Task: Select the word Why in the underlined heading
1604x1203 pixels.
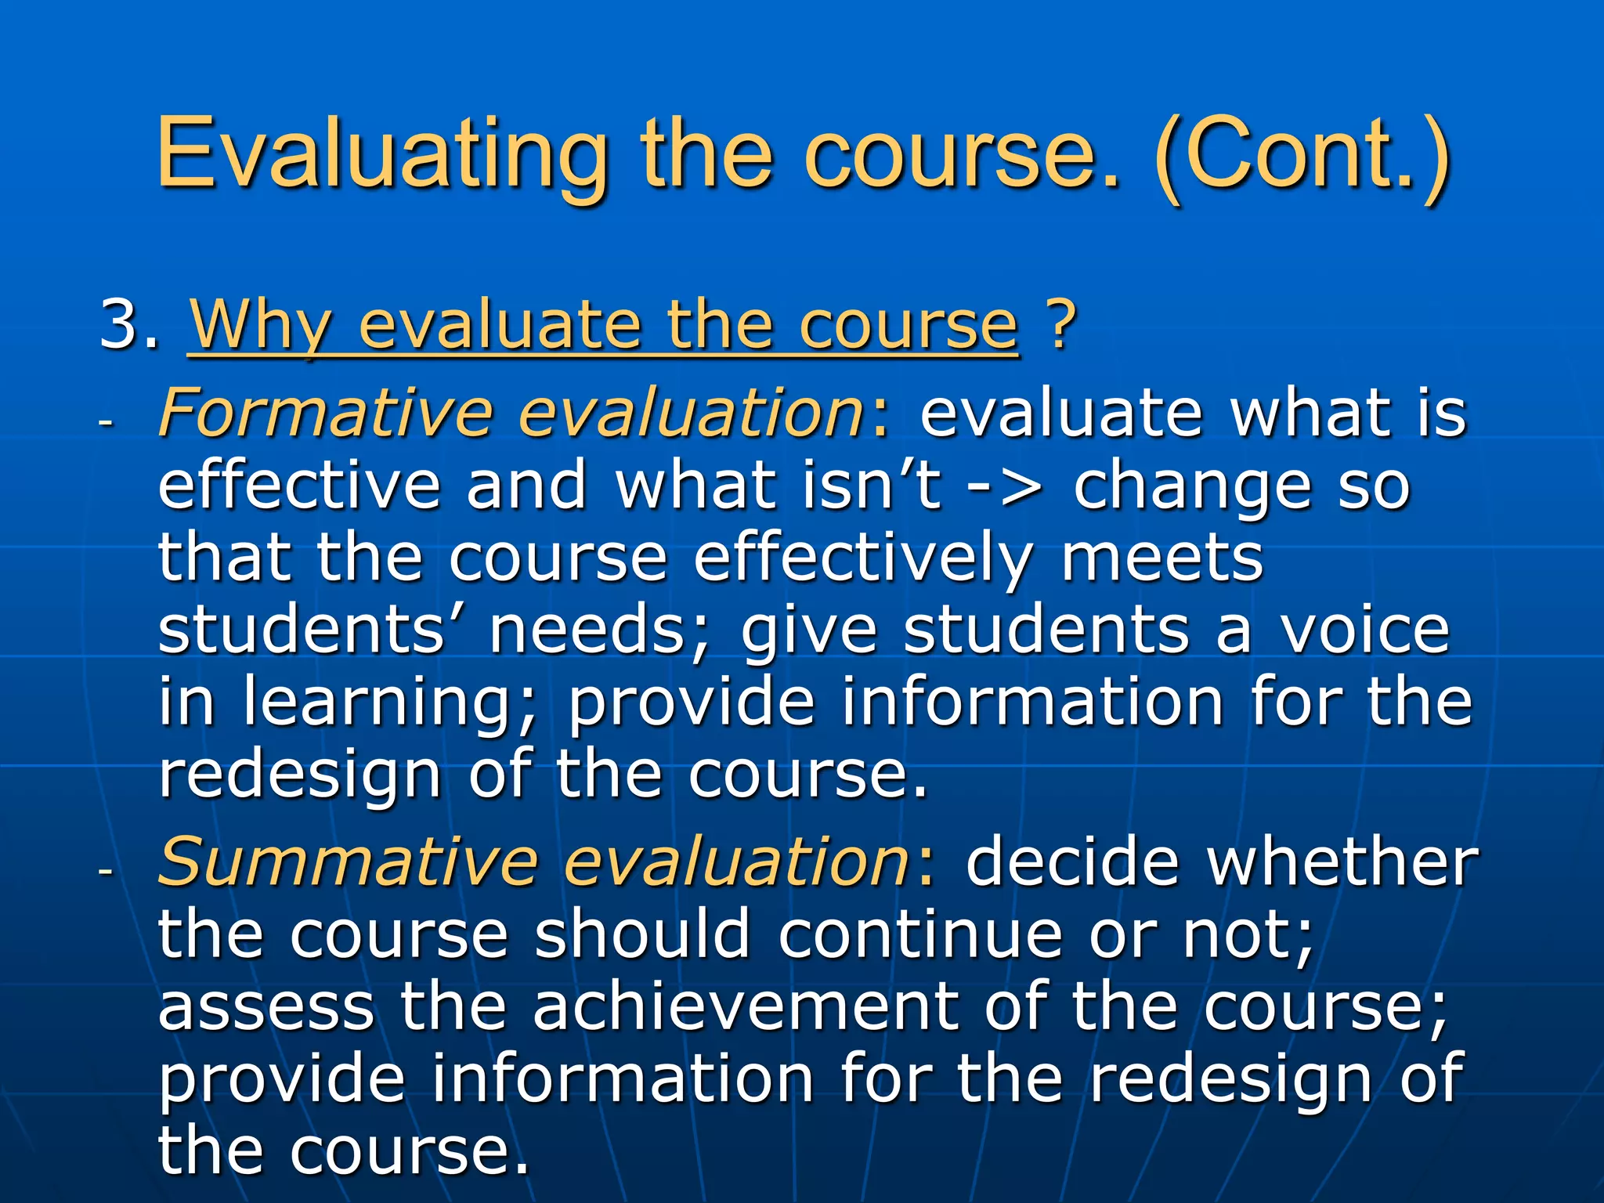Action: point(259,326)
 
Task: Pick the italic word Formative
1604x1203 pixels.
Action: point(326,413)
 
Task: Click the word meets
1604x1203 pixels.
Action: point(1162,559)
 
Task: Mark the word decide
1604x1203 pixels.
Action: point(1072,862)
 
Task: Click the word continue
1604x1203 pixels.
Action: point(919,934)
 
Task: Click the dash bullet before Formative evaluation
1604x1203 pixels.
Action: point(107,422)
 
